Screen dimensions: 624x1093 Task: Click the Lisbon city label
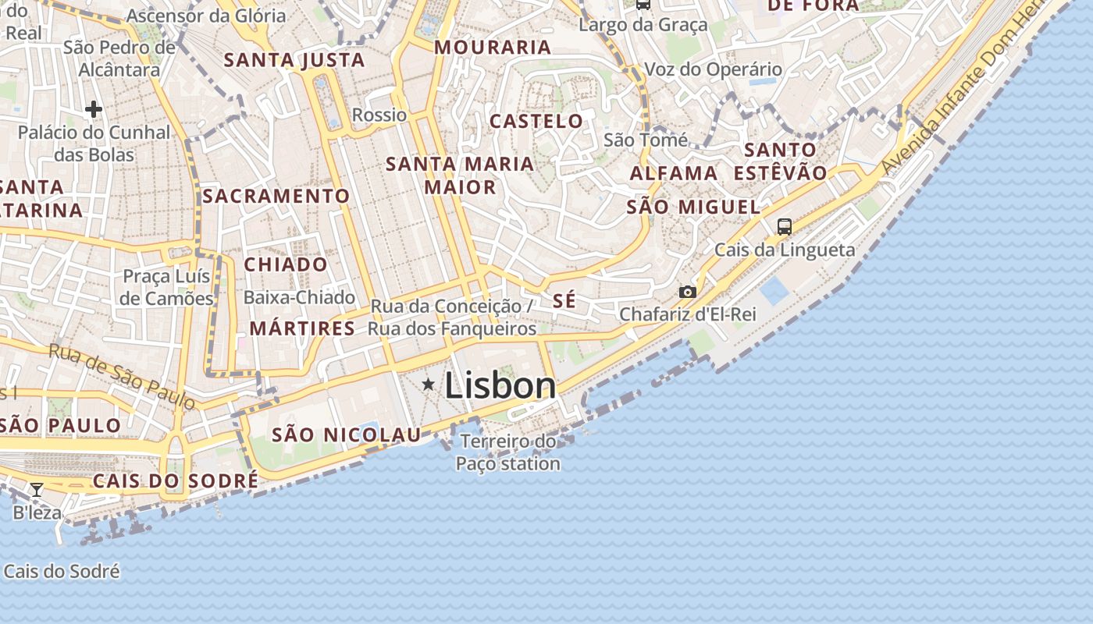pos(500,385)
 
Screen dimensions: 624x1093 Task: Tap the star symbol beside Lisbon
pos(428,385)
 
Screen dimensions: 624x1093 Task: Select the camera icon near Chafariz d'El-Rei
pos(687,292)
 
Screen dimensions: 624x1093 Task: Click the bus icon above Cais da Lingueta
pos(785,227)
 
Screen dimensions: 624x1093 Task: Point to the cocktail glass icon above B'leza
pos(36,490)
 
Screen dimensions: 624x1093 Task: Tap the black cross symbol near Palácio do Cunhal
pos(94,109)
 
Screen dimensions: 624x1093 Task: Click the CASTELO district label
pos(536,121)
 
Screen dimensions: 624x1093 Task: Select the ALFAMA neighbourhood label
pos(674,173)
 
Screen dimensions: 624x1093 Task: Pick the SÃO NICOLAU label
pos(346,435)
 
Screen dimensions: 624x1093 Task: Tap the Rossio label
pos(379,115)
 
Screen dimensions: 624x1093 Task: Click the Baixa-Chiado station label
pos(299,297)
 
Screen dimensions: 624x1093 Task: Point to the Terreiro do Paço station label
pos(508,452)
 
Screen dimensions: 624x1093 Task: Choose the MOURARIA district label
pos(493,47)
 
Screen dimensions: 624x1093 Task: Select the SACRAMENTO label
pos(276,196)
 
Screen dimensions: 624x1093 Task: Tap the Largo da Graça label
pos(643,25)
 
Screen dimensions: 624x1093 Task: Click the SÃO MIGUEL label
pos(693,207)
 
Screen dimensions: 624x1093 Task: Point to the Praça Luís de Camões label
pos(167,287)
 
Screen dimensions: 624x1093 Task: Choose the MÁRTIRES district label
pos(302,328)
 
